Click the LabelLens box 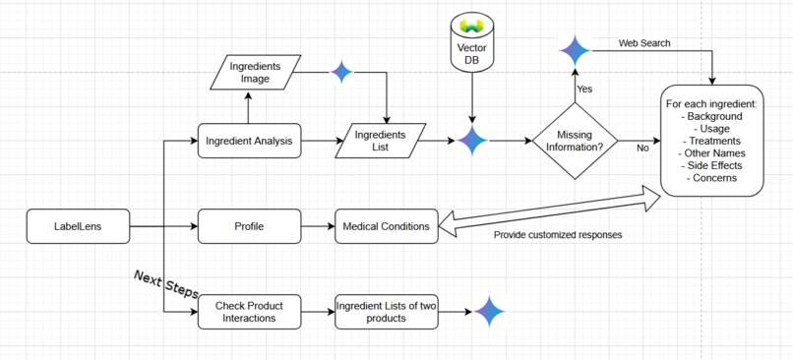[78, 226]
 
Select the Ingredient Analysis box [249, 141]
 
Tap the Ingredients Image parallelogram [255, 73]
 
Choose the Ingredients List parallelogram [381, 141]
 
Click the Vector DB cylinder [472, 42]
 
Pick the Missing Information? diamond [575, 141]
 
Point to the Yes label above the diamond [584, 90]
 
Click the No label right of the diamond [642, 149]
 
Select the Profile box [249, 226]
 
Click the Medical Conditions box [386, 226]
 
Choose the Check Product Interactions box [249, 312]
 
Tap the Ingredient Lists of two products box [386, 312]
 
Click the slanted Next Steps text [166, 284]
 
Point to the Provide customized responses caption [558, 235]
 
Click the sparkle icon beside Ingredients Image [341, 72]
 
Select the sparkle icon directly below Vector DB [472, 141]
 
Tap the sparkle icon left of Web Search [575, 49]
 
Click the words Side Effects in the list [714, 165]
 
